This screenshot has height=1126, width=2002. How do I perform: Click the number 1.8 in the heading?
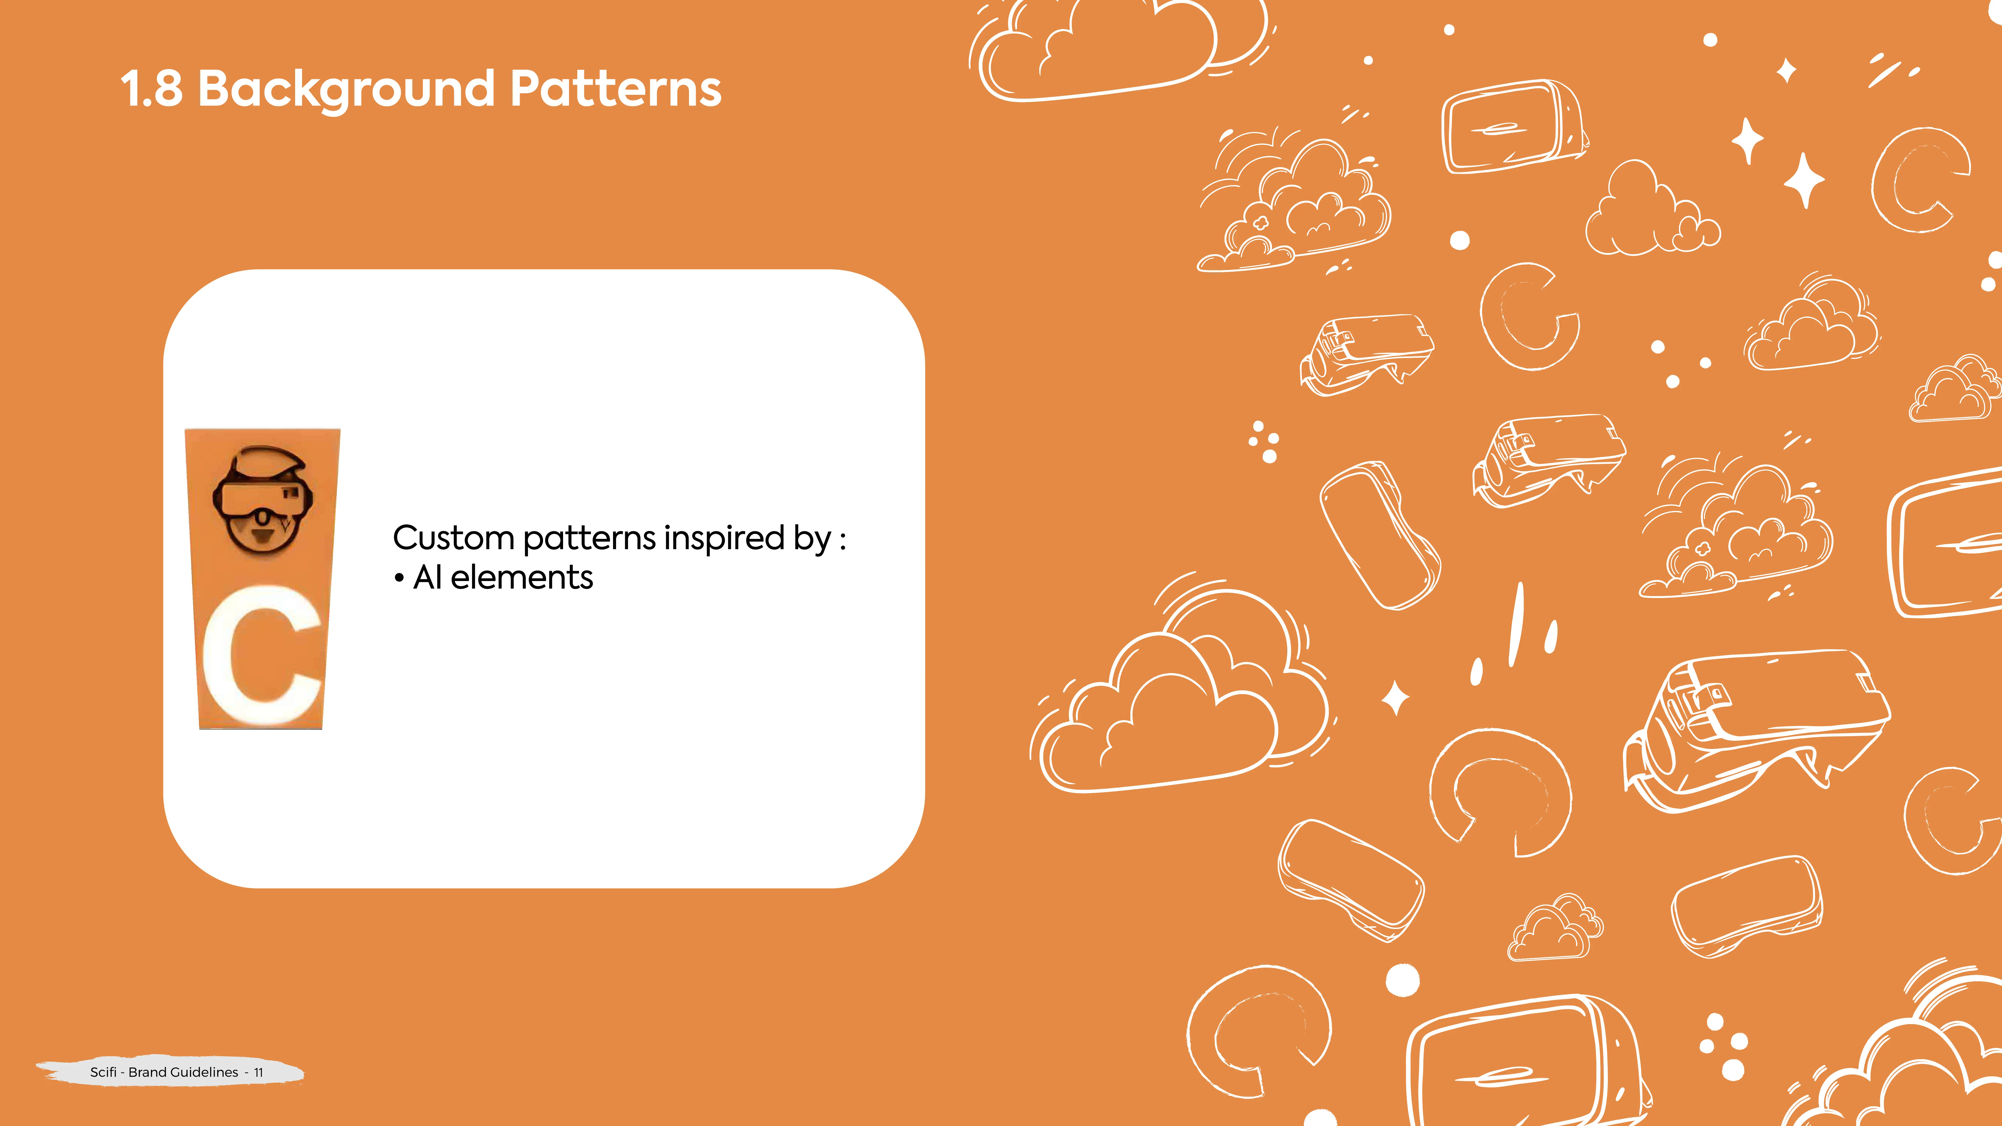pyautogui.click(x=152, y=89)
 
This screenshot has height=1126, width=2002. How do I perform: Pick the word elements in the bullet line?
pyautogui.click(x=522, y=577)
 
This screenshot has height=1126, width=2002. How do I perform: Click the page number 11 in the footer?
pyautogui.click(x=259, y=1072)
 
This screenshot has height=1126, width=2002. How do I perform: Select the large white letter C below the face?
pyautogui.click(x=262, y=655)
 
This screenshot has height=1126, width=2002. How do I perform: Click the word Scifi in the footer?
pyautogui.click(x=103, y=1072)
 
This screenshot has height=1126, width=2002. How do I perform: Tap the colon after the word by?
pyautogui.click(x=842, y=539)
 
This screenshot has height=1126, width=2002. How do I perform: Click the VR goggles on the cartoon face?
pyautogui.click(x=262, y=497)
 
